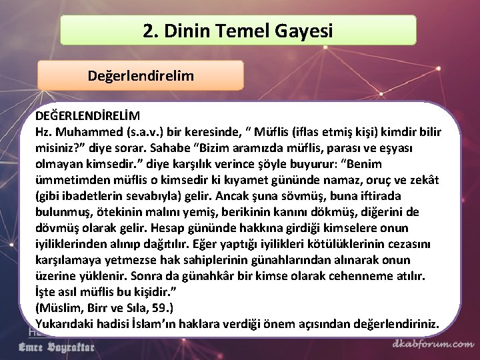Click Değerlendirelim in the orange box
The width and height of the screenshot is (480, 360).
click(x=141, y=76)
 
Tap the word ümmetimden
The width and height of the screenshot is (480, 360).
click(x=71, y=179)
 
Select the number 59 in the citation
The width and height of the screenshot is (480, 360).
click(x=157, y=307)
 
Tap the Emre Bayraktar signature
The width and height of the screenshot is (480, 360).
click(x=56, y=347)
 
